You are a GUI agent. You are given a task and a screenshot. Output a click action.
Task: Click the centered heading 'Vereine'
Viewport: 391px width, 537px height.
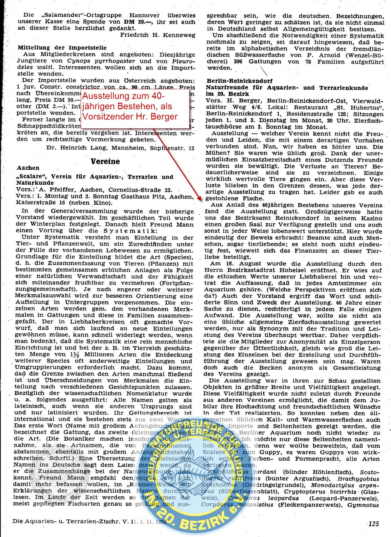105,162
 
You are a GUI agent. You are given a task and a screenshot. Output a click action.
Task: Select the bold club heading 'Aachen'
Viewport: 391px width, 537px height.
28,168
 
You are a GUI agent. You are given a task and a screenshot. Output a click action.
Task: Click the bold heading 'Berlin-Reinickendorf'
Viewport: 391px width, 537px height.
239,81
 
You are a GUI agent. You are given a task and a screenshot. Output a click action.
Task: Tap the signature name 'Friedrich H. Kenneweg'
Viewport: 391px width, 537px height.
158,35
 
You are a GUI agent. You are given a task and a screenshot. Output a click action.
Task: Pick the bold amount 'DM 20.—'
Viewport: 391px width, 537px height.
137,22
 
